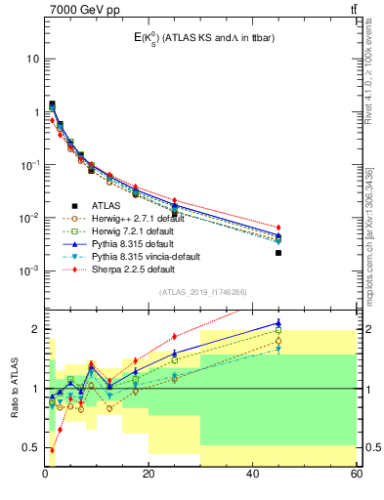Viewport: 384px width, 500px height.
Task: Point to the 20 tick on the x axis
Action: pyautogui.click(x=149, y=474)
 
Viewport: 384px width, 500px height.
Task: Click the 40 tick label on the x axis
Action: pyautogui.click(x=252, y=474)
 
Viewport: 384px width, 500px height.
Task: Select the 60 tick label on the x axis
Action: pyautogui.click(x=356, y=474)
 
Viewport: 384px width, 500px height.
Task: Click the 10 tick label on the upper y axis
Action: pyautogui.click(x=33, y=59)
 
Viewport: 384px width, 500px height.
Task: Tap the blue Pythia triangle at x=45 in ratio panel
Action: pyautogui.click(x=278, y=323)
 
